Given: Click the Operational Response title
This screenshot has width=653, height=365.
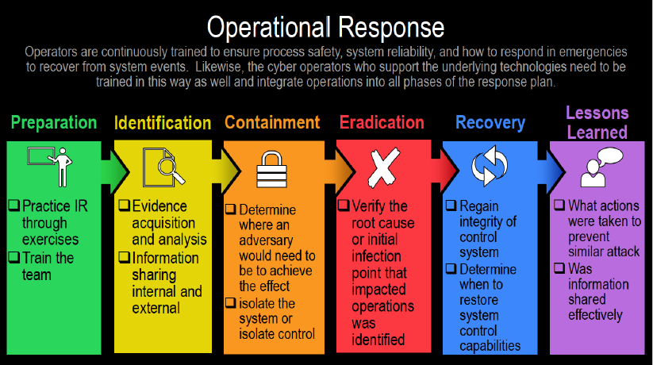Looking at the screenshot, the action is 325,28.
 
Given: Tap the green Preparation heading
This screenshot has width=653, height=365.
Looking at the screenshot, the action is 54,122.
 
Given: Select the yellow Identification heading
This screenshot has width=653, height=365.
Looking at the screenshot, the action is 163,123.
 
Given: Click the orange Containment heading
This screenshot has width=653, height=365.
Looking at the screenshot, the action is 272,122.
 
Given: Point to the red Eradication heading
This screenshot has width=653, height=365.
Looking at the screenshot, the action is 382,122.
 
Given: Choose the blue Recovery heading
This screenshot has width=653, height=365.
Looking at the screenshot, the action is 490,123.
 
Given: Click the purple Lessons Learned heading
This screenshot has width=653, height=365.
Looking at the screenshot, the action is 597,123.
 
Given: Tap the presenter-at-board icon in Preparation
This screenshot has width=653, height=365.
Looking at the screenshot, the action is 50,167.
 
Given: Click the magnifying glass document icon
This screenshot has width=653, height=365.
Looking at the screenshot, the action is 163,167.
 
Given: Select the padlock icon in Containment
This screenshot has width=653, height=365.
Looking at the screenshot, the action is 271,169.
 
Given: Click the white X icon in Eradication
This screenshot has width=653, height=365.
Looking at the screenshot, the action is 383,167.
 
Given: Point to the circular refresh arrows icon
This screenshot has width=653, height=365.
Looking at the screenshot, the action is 490,166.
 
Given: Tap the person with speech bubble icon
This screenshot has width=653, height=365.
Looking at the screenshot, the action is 601,167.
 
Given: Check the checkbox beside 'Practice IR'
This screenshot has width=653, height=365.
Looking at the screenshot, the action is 14,205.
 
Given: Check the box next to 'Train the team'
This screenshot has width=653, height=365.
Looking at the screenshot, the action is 14,257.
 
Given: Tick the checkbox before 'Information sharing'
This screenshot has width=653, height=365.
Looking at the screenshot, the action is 124,257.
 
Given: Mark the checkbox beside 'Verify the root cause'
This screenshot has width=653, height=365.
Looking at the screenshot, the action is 344,205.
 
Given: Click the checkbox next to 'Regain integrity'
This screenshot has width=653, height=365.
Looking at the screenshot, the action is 451,205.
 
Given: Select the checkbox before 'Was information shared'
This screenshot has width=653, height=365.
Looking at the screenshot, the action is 559,267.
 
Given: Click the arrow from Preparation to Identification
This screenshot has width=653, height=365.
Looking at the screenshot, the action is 115,171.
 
